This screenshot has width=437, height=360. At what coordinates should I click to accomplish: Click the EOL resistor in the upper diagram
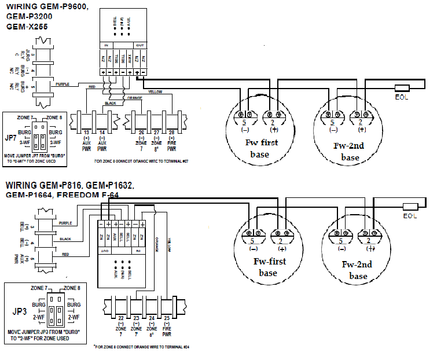pyautogui.click(x=402, y=89)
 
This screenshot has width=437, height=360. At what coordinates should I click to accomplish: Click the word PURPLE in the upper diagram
pyautogui.click(x=63, y=84)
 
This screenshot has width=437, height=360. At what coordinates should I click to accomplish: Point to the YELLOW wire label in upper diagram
pyautogui.click(x=155, y=91)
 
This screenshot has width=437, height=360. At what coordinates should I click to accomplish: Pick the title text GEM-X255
pyautogui.click(x=27, y=27)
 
